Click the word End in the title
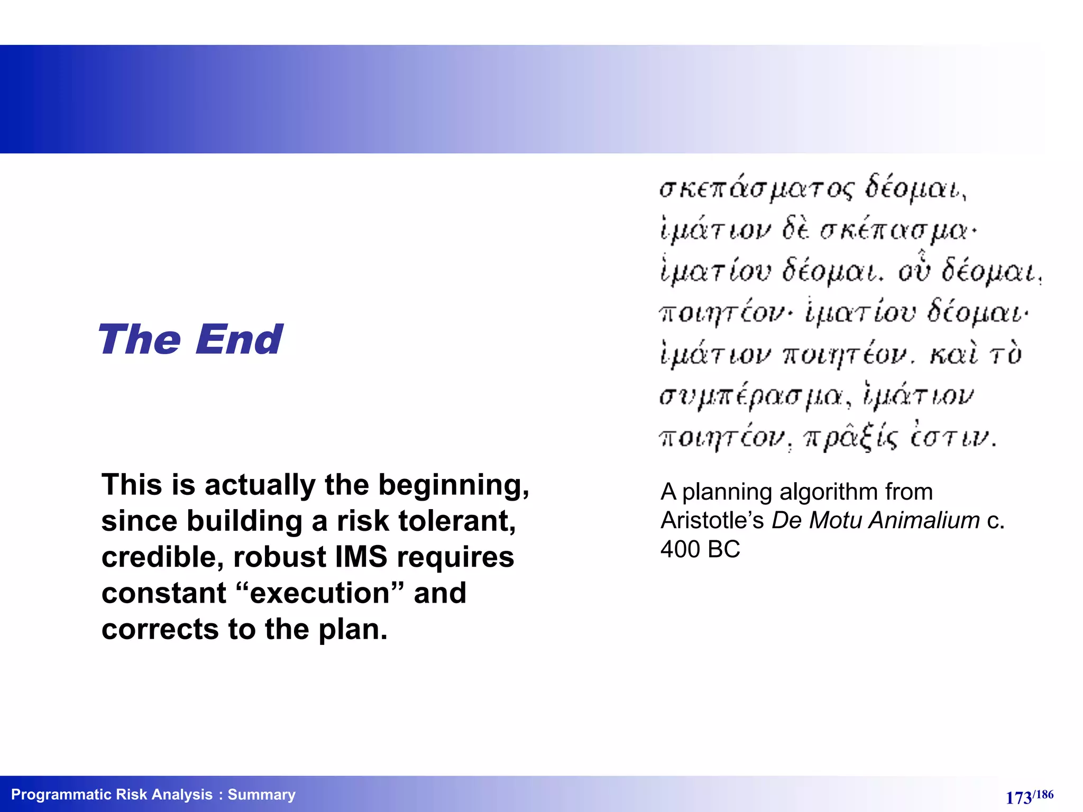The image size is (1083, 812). pyautogui.click(x=239, y=339)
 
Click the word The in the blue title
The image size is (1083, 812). pyautogui.click(x=139, y=339)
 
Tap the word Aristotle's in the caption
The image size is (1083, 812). pyautogui.click(x=712, y=521)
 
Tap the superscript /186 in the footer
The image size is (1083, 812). pyautogui.click(x=1043, y=794)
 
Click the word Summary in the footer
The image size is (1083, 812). pyautogui.click(x=261, y=795)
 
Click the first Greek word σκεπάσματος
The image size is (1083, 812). pyautogui.click(x=756, y=189)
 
